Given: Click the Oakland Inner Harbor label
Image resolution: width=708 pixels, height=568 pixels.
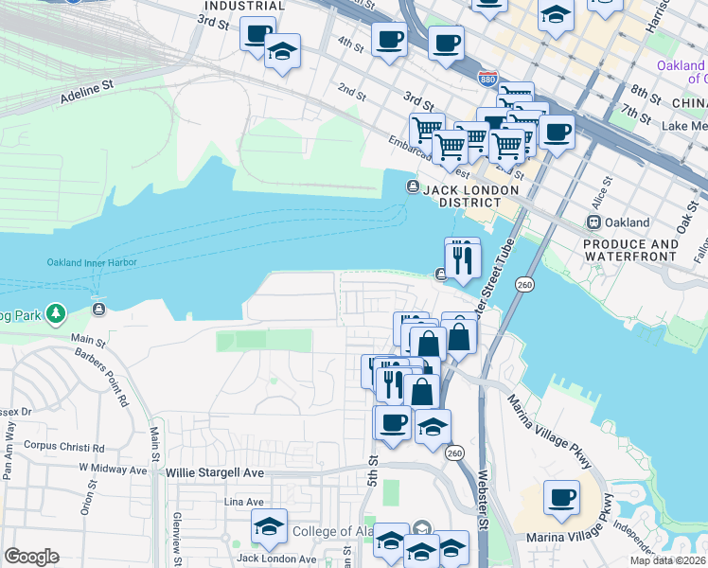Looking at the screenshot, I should (92, 262).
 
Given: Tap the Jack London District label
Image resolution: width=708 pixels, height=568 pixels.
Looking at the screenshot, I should (462, 196).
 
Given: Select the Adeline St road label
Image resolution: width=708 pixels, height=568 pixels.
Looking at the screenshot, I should (86, 90).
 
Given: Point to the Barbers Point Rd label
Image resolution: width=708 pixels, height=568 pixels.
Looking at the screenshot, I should (113, 369).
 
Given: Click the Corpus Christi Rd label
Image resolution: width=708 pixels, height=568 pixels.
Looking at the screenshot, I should (63, 446).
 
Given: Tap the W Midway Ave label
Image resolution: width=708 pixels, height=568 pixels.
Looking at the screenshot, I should (113, 469).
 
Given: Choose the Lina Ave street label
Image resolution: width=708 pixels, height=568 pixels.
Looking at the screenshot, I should (242, 502).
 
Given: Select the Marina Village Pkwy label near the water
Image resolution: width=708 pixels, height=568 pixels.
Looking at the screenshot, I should (550, 430).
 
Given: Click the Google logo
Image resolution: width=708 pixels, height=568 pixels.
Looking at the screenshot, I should (31, 557).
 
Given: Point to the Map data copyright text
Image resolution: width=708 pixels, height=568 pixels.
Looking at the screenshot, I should (666, 560).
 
